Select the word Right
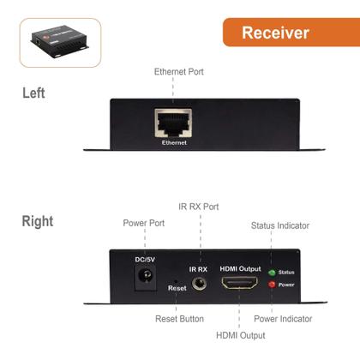[x=38, y=221]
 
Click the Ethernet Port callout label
[x=179, y=72]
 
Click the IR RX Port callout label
[x=200, y=207]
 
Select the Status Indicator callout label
[x=280, y=225]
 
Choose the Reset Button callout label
[x=180, y=318]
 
